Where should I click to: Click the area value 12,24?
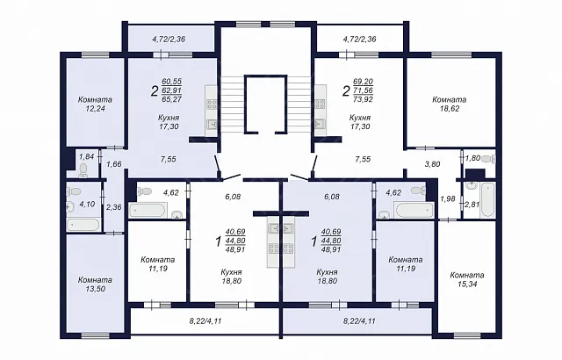click(95, 109)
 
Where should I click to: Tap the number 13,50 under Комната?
click(95, 289)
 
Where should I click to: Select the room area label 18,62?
click(450, 109)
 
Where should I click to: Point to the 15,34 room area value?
click(467, 284)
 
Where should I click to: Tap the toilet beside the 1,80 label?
click(488, 159)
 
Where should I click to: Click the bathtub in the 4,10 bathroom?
click(83, 225)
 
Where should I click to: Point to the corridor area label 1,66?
click(114, 164)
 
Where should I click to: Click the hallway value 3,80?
click(432, 164)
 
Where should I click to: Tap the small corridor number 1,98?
click(448, 198)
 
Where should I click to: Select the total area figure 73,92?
click(363, 99)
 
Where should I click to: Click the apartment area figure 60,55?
click(172, 82)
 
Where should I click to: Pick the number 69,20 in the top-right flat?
click(363, 82)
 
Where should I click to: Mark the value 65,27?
click(172, 99)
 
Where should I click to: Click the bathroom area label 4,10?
click(87, 205)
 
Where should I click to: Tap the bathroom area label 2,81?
click(472, 205)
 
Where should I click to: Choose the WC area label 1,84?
click(86, 156)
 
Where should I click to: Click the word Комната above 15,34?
click(467, 275)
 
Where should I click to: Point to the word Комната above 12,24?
click(95, 99)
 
